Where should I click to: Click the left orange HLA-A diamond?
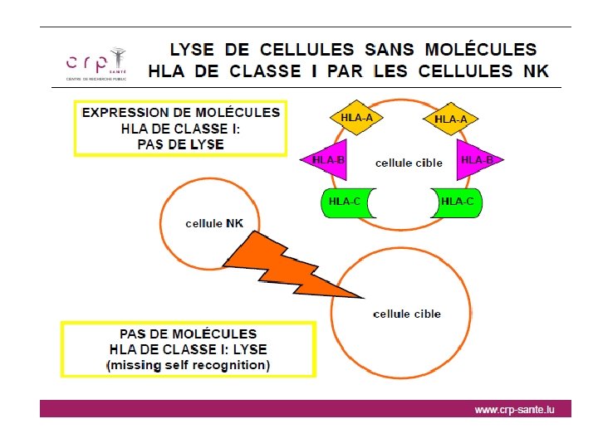356,119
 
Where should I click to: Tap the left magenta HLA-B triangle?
327,159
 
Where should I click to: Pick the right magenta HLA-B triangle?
476,159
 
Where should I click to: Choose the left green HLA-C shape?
346,202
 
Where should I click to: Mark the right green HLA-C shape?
456,202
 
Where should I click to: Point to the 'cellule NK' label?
214,223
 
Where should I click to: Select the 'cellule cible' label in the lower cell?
407,314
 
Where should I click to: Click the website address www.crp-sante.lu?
513,410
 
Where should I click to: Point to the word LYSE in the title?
197,51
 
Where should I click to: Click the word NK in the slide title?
537,71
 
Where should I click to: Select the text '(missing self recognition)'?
188,365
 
